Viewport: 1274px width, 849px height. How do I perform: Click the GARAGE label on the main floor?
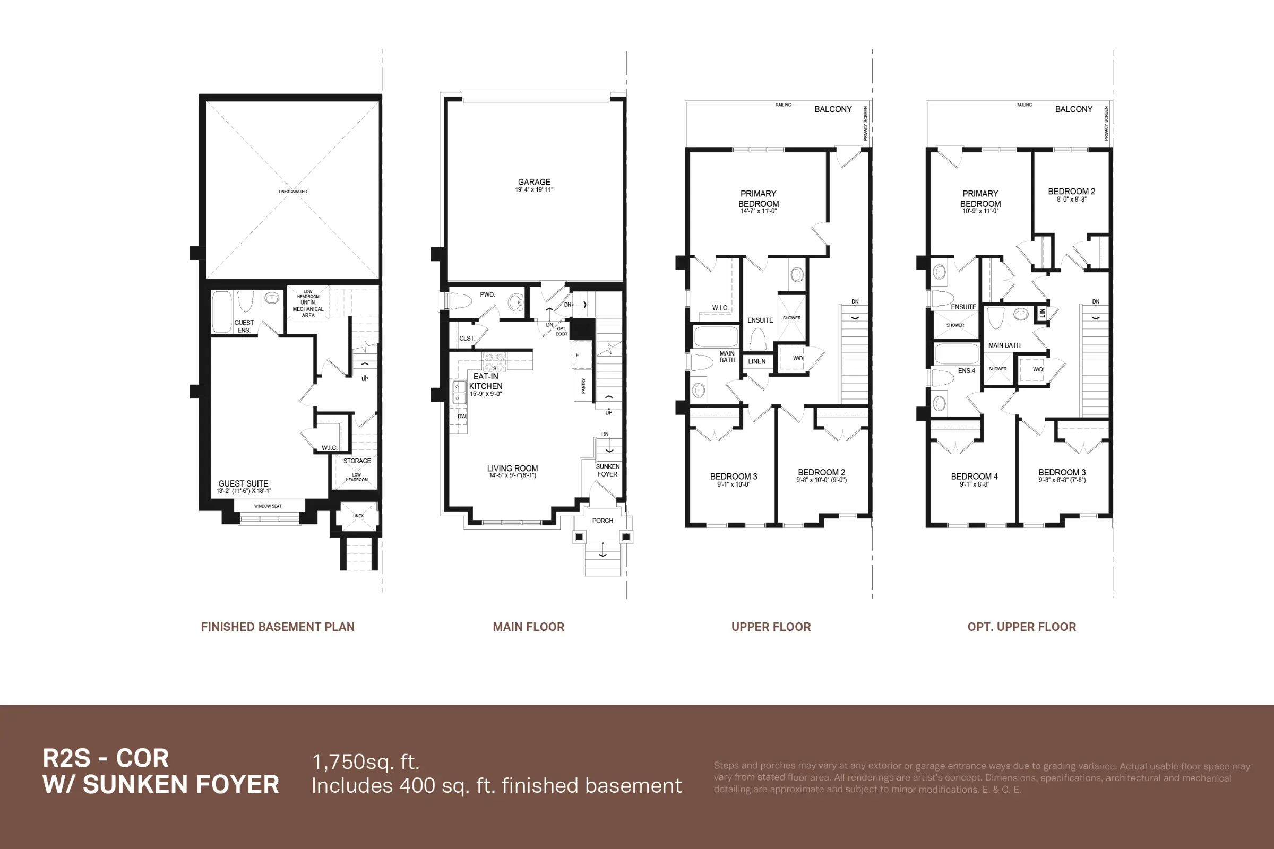(x=533, y=182)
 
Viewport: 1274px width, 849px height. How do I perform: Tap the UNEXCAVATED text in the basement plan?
(x=292, y=192)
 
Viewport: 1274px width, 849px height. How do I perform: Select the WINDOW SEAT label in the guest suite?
(x=268, y=506)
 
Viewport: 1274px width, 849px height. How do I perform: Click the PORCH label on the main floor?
(x=602, y=521)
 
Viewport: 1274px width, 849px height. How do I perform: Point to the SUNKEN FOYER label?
(x=607, y=470)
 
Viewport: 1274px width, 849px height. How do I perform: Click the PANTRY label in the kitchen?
(x=583, y=386)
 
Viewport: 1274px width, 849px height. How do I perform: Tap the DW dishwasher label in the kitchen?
(x=461, y=417)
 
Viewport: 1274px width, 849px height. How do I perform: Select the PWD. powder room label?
(x=487, y=294)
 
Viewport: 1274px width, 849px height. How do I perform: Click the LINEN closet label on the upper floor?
(x=757, y=361)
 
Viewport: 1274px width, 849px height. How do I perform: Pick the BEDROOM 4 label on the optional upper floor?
(x=974, y=477)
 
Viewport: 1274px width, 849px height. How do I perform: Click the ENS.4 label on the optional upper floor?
(x=966, y=371)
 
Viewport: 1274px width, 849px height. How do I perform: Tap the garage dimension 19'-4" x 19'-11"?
(x=533, y=190)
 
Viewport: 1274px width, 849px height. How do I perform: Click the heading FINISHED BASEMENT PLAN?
(x=277, y=627)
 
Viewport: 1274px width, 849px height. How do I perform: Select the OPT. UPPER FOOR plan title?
(x=1021, y=627)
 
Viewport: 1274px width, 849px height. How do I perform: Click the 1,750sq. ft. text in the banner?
(x=366, y=762)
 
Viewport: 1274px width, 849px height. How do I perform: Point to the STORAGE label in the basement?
(x=356, y=461)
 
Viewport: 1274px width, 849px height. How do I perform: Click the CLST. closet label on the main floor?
(x=467, y=339)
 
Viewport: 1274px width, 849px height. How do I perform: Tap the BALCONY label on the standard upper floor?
(x=832, y=109)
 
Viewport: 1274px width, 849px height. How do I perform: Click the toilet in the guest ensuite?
(x=245, y=300)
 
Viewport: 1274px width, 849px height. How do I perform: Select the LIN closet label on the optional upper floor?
(x=1041, y=313)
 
